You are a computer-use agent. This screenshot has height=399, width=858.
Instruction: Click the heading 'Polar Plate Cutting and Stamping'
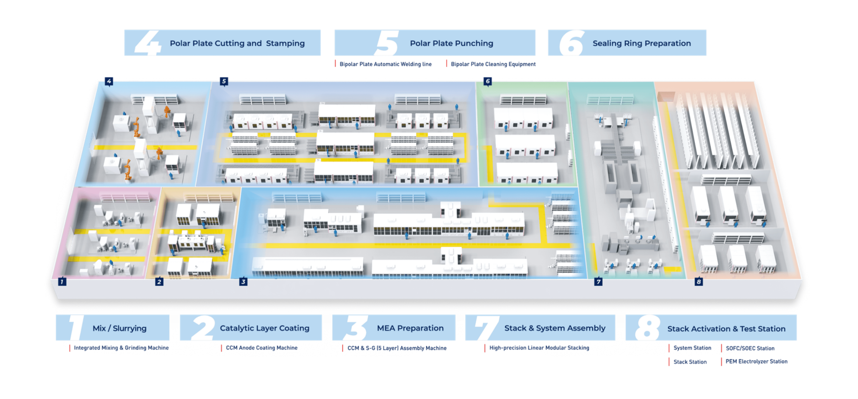237,43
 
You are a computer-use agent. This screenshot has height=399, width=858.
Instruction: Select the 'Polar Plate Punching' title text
451,43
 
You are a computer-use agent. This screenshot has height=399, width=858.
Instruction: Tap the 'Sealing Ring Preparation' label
641,43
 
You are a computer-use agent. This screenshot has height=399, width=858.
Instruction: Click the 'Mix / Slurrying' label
119,328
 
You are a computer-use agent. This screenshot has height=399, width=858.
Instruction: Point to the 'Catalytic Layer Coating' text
264,328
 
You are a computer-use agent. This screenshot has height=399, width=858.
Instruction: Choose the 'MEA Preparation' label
410,328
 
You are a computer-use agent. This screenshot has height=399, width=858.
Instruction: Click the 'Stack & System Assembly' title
555,328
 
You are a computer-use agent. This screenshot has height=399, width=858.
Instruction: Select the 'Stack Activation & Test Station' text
726,329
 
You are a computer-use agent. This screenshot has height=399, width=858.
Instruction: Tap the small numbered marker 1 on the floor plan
62,282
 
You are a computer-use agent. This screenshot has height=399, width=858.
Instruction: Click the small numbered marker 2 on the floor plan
160,282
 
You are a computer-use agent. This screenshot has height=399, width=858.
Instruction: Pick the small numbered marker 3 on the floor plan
244,282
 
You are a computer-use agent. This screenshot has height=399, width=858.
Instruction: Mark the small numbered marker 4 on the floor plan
109,81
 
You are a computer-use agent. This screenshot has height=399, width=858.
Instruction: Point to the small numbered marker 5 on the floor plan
224,81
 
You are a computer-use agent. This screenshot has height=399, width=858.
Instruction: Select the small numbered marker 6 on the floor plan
488,81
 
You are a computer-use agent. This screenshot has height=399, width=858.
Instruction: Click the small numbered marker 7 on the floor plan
599,282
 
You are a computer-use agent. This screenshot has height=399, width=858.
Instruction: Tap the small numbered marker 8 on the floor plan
699,282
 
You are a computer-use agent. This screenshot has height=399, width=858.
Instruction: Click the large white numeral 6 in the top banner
571,43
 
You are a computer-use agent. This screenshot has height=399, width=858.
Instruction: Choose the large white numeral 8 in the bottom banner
647,328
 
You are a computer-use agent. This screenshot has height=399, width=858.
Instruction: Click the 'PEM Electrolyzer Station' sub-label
756,361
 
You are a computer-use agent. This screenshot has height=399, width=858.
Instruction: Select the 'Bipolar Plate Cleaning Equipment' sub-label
493,64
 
